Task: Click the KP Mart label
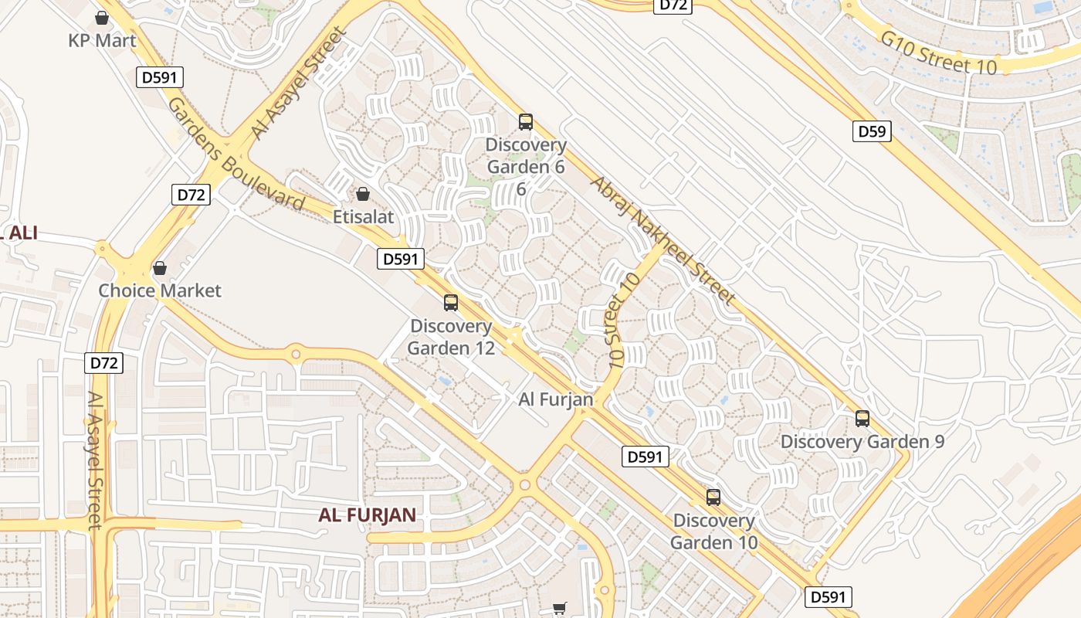[102, 40]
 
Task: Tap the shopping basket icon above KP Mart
[101, 17]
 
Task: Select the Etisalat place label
[363, 217]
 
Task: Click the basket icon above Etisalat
[362, 193]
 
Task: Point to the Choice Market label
[160, 290]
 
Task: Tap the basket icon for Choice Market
[159, 268]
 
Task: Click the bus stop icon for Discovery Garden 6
[526, 121]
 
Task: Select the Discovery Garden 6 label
[526, 156]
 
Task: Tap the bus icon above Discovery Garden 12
[451, 303]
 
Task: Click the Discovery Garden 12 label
[451, 337]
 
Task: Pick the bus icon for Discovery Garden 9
[862, 419]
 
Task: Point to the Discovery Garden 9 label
[862, 442]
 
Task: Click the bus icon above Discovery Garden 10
[713, 497]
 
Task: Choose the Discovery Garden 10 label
[713, 531]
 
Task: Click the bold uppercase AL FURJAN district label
[368, 515]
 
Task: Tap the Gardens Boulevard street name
[236, 154]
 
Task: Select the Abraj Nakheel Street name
[663, 239]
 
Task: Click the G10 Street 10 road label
[939, 53]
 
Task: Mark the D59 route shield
[872, 131]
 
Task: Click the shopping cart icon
[560, 609]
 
